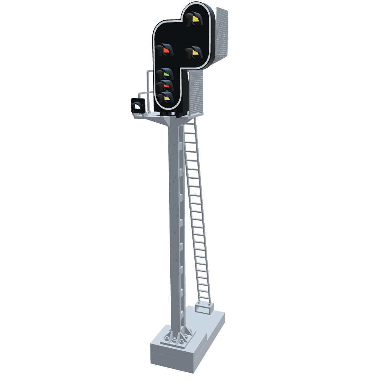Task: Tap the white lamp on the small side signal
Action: (136, 107)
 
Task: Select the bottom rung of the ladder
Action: (204, 300)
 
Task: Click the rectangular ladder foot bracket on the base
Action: (204, 307)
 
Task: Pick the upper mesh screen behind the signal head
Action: (222, 34)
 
